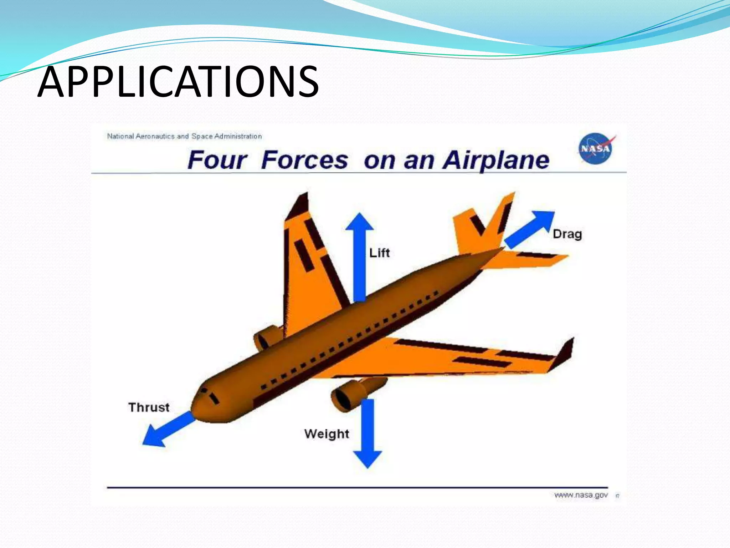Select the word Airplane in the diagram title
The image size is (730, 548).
tap(495, 160)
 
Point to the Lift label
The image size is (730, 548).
tap(379, 253)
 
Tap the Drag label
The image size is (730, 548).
tap(567, 234)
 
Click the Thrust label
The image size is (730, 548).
tap(149, 407)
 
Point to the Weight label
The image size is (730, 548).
tap(327, 434)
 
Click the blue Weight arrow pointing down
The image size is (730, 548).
tap(367, 432)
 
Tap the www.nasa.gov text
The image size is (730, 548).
tap(581, 495)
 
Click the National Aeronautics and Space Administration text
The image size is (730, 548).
tap(184, 136)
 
